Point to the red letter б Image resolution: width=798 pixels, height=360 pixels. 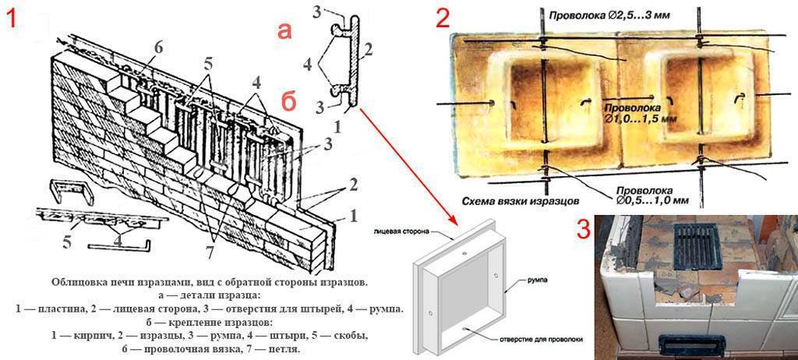[x=288, y=103]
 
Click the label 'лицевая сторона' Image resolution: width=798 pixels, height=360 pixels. [x=402, y=232]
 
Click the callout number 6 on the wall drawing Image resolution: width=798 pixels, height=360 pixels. [x=159, y=47]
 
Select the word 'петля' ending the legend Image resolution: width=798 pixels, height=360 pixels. [x=281, y=349]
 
